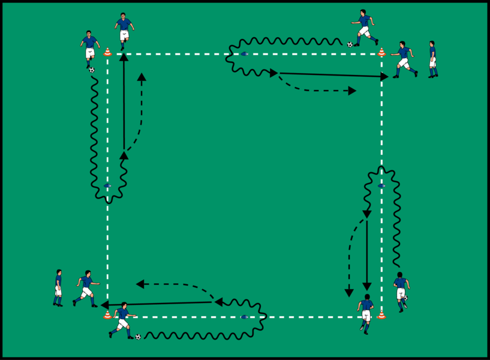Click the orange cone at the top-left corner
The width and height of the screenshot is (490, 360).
point(107,52)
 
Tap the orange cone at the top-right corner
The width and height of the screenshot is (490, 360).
point(381,52)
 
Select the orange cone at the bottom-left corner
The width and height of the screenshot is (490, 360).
point(107,314)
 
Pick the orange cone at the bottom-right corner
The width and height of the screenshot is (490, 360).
point(381,314)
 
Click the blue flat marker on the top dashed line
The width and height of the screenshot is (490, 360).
point(244,54)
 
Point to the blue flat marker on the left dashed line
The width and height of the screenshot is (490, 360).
point(107,185)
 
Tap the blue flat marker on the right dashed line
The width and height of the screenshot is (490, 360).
point(381,185)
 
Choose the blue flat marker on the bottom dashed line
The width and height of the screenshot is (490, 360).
point(244,317)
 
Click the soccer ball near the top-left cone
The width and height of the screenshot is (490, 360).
point(92,70)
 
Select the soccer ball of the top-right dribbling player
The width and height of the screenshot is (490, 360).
point(350,44)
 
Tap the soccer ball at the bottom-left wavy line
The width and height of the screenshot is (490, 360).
point(138,337)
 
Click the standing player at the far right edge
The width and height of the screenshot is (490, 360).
point(432,59)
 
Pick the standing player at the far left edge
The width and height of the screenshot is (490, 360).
point(58,287)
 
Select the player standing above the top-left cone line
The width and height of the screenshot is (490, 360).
point(124,30)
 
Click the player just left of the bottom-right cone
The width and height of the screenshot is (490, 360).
point(366,313)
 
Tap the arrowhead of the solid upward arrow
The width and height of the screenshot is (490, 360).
point(124,57)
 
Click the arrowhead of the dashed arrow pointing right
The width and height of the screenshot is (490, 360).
point(353,91)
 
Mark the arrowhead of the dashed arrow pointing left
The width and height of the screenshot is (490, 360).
point(140,284)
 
